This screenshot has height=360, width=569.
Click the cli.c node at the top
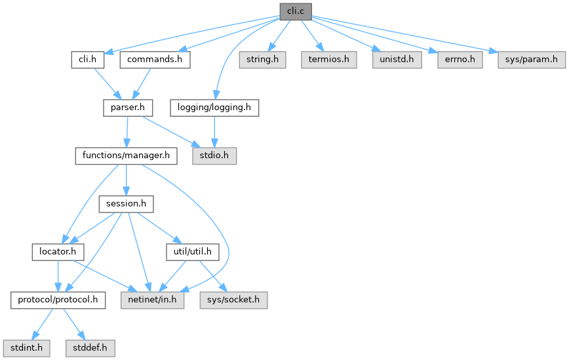coord(295,11)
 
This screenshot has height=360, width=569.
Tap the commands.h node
coord(155,60)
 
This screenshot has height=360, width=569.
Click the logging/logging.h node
coord(214,108)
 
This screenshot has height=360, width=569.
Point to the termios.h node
coord(329,60)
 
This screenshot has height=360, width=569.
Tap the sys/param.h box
coord(526,60)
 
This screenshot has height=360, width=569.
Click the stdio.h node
coord(214,155)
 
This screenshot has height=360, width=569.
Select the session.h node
coord(126,203)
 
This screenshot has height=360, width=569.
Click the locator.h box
coord(58,251)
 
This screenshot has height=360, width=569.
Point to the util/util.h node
coord(192,251)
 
